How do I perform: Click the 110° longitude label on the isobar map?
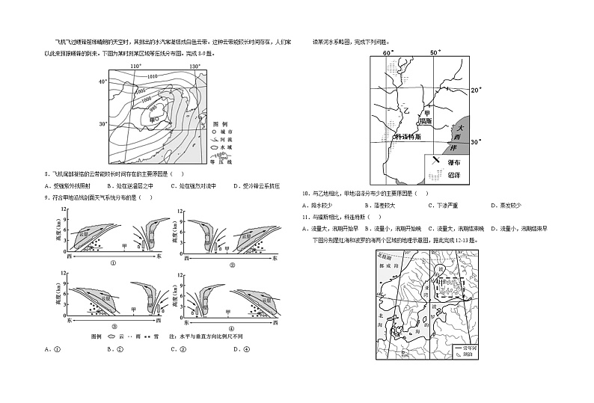point(135,67)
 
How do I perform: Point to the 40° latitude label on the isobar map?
point(102,81)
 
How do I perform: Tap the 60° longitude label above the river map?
point(388,54)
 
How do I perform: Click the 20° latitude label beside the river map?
point(474,90)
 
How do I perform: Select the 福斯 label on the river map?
point(426,120)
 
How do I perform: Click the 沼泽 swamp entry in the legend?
point(454,172)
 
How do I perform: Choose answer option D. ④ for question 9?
point(247,349)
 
